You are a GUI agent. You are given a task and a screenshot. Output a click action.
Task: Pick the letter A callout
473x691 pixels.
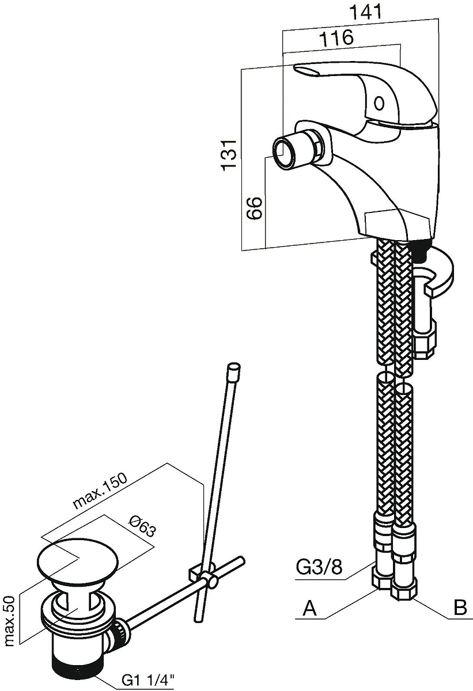coord(310,608)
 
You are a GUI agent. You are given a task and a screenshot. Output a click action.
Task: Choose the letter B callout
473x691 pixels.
coord(460,608)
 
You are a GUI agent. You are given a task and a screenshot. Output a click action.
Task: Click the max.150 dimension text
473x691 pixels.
coord(100,490)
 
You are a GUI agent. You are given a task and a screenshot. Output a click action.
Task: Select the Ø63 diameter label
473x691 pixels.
coord(142,526)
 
